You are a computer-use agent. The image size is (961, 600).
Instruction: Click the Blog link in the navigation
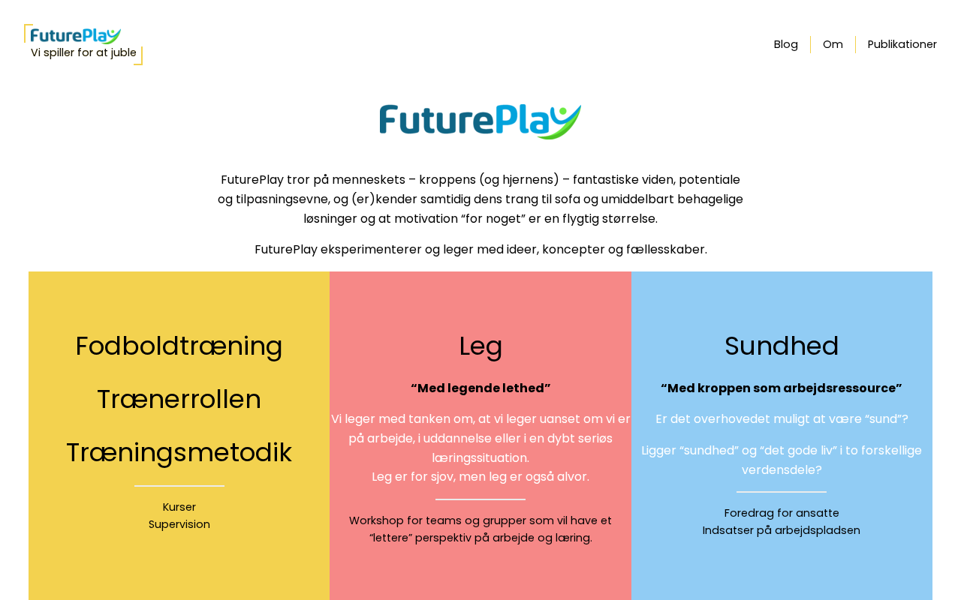pos(785,44)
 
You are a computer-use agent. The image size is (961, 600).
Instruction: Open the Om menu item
pos(833,44)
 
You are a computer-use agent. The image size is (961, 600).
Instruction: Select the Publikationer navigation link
pos(902,44)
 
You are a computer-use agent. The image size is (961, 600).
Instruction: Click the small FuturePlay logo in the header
pos(76,36)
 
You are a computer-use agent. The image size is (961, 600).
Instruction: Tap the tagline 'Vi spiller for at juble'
pos(83,52)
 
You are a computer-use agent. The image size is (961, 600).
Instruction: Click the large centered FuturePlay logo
pos(480,121)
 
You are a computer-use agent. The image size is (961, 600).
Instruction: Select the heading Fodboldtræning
pos(179,346)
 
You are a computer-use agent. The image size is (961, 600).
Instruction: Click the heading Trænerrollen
pos(179,400)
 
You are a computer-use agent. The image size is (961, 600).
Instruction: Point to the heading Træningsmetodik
pos(179,453)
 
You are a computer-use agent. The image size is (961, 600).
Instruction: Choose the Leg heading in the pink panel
pos(480,346)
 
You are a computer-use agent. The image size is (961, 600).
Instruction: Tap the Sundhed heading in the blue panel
pos(782,346)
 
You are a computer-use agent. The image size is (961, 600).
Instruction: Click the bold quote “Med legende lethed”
pos(480,388)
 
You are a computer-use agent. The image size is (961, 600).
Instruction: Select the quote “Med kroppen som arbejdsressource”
pos(782,388)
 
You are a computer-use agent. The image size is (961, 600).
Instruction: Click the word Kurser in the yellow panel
pos(179,507)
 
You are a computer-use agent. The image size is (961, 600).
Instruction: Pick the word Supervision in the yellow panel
pos(179,524)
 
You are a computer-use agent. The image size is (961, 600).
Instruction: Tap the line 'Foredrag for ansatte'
pos(782,513)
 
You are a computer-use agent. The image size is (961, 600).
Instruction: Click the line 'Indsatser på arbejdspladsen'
pos(782,530)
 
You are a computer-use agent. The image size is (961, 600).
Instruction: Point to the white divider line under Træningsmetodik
pos(179,485)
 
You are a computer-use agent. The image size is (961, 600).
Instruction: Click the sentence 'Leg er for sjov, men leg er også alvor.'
pos(480,477)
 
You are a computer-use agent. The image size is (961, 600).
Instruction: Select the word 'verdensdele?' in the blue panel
pos(782,470)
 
